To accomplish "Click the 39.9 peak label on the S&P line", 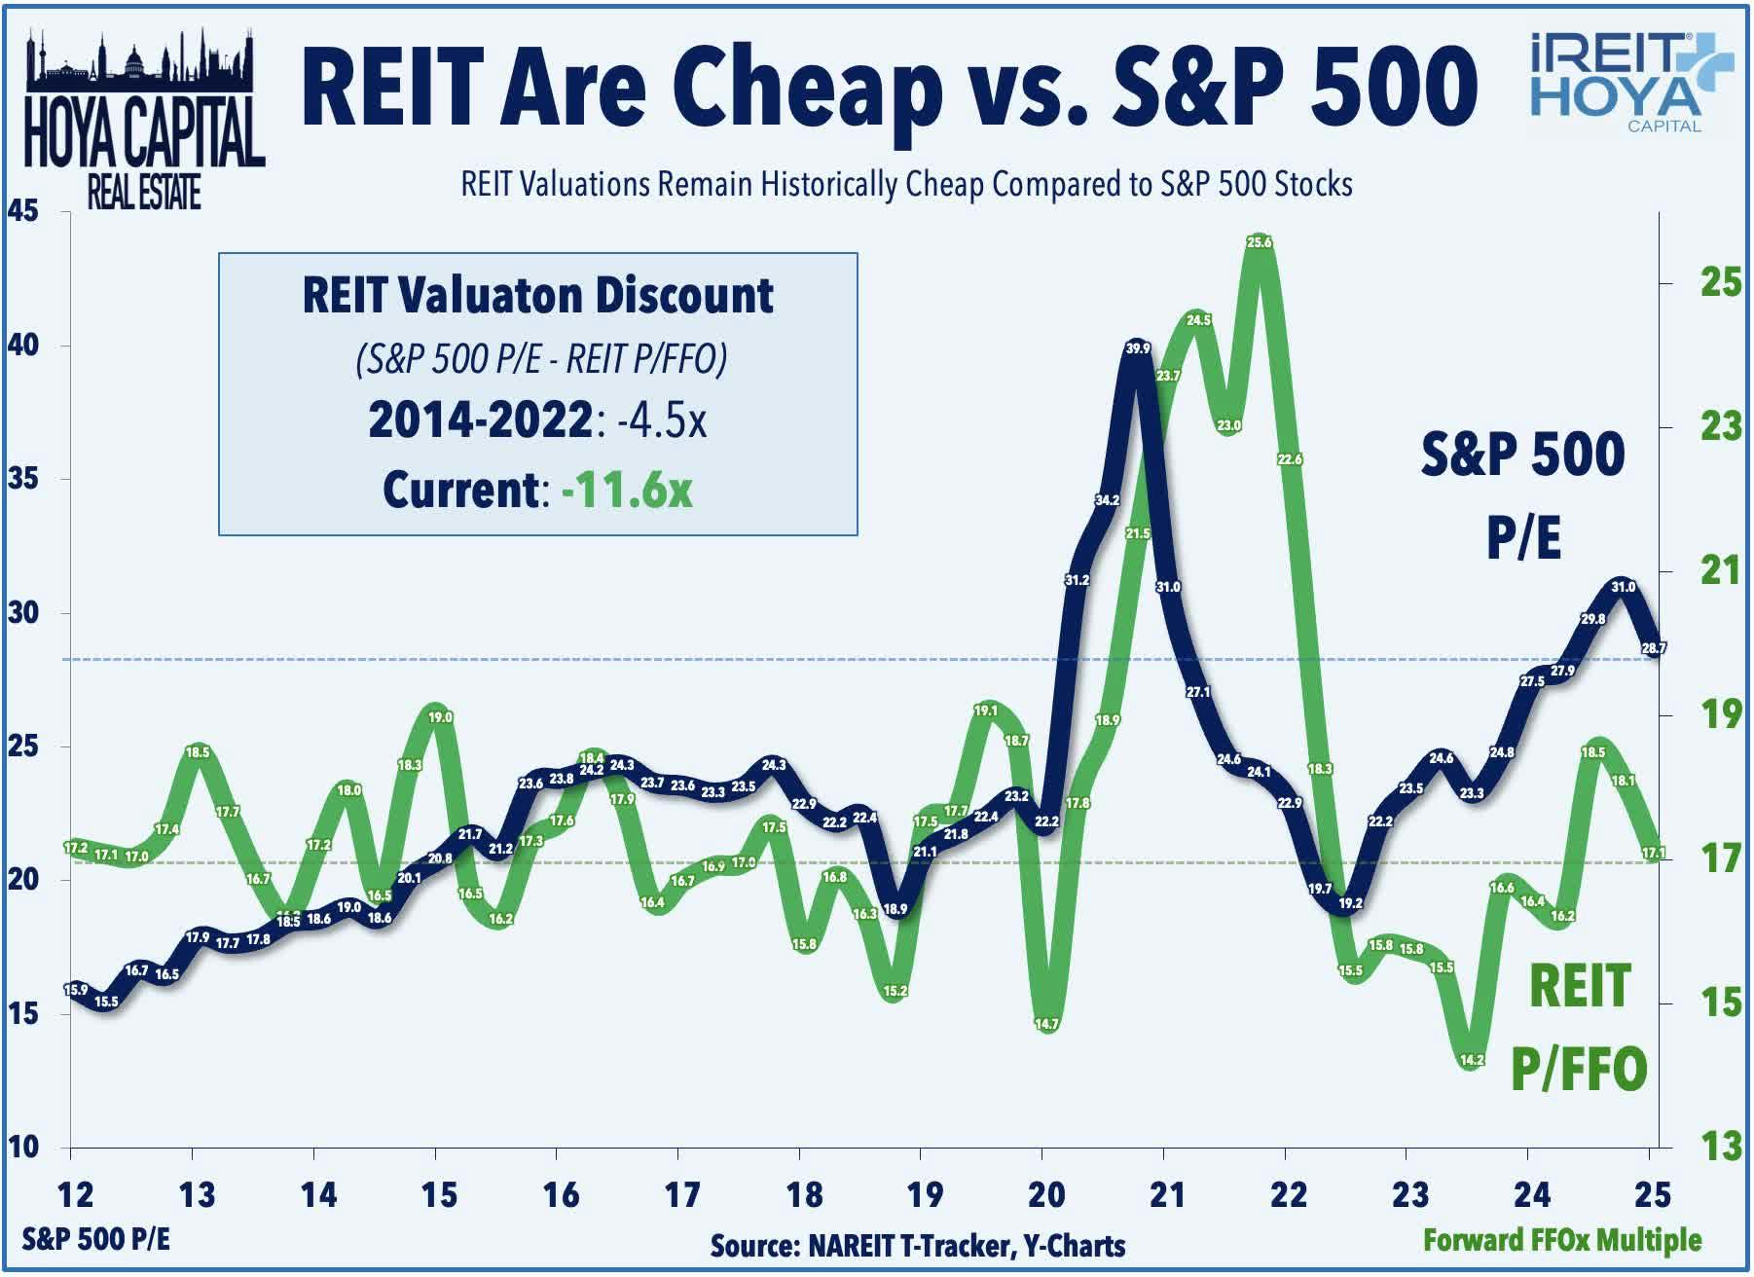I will [x=1137, y=348].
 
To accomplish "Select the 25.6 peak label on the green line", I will [x=1260, y=242].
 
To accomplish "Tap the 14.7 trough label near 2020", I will [x=1046, y=1024].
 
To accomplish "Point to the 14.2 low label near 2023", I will [x=1472, y=1060].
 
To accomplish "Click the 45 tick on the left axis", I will [x=23, y=211].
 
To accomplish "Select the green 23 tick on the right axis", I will [x=1720, y=426].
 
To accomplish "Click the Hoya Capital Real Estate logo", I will [x=144, y=122].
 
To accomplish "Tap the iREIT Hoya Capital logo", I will [x=1631, y=84].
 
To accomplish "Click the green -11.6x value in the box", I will [x=628, y=490].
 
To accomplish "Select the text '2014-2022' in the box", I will [x=481, y=420].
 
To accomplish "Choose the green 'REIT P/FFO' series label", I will [x=1579, y=1027].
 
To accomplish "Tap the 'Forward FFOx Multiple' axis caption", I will [x=1561, y=1240].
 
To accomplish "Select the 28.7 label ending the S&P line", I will [x=1654, y=647].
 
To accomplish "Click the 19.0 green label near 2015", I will [x=440, y=717].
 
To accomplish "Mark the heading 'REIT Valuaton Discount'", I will [x=537, y=295].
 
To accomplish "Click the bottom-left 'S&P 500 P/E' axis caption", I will [x=95, y=1239].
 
